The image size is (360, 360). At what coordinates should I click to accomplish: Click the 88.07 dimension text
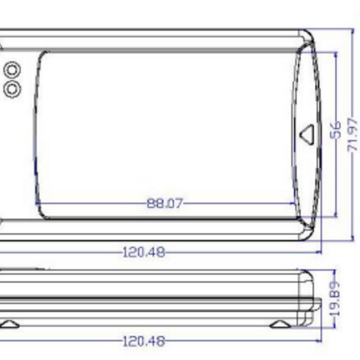[x=165, y=203]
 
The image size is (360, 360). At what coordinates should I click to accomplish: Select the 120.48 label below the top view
[x=144, y=253]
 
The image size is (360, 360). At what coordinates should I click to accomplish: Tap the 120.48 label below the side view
[x=144, y=341]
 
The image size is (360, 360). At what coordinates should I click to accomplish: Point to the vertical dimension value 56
[x=335, y=130]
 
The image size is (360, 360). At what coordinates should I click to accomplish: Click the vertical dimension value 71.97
[x=353, y=134]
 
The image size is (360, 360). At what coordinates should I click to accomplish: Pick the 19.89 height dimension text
[x=335, y=298]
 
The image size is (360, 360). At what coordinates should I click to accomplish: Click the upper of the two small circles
[x=12, y=69]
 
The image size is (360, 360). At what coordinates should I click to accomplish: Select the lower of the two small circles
[x=12, y=88]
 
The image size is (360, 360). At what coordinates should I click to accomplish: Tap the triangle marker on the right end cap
[x=307, y=135]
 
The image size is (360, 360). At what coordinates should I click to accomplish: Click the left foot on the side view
[x=9, y=324]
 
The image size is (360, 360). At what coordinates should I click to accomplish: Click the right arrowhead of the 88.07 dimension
[x=294, y=203]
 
